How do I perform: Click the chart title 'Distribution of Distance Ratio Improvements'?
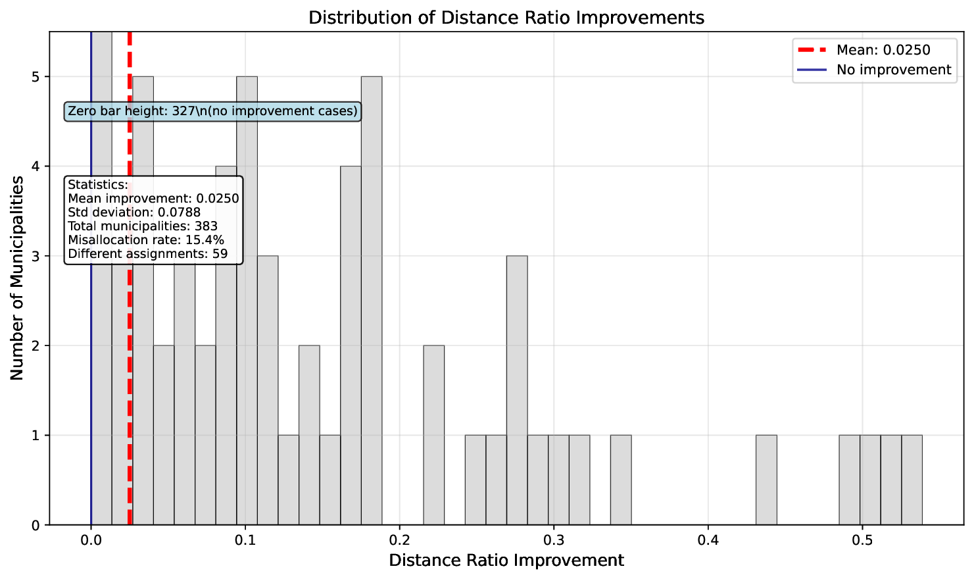click(506, 17)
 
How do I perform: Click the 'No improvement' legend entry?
click(893, 70)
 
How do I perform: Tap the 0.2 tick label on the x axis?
click(399, 541)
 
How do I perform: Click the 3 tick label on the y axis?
click(36, 256)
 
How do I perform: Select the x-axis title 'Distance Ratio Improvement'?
click(506, 561)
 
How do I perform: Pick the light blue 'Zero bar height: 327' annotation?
click(212, 111)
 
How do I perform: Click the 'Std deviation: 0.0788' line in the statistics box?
click(134, 213)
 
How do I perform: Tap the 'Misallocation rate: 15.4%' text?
click(146, 240)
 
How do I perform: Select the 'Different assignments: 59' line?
click(147, 254)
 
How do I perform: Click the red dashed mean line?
click(130, 395)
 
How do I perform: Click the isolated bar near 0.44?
click(766, 480)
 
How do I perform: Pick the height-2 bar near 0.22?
click(433, 435)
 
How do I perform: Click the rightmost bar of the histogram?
click(912, 480)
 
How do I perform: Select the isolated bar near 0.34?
click(621, 480)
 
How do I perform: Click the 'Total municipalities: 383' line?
click(143, 226)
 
